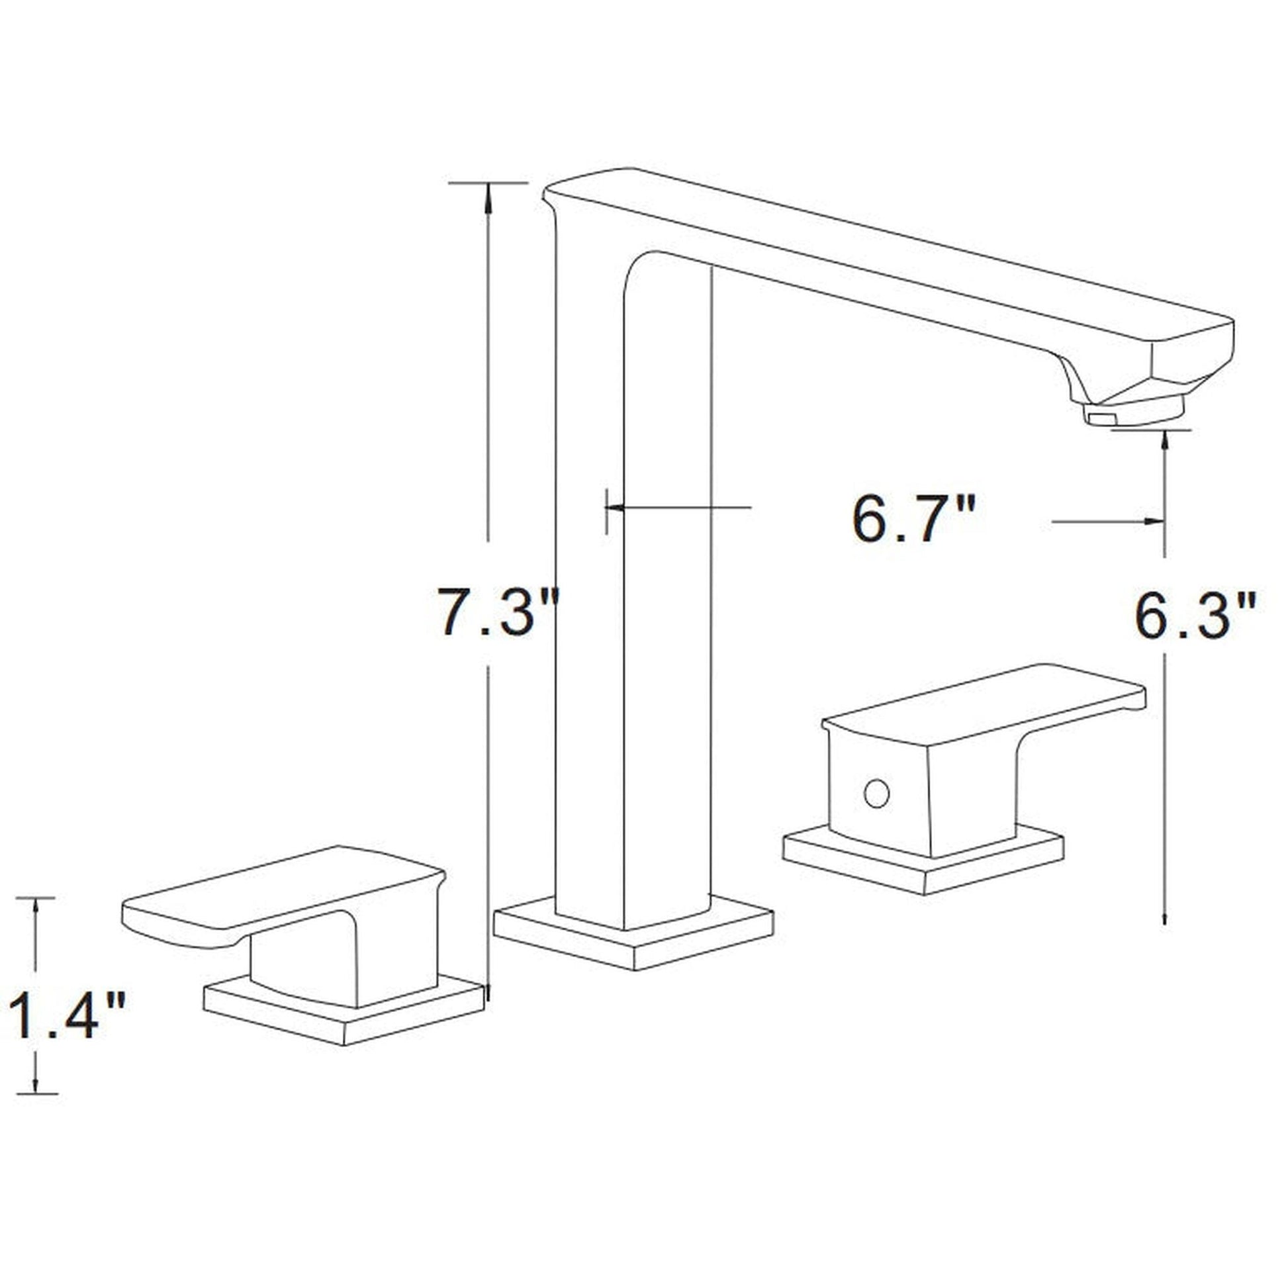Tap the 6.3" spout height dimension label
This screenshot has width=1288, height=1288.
(x=1195, y=618)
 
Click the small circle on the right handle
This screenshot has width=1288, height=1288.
(x=876, y=794)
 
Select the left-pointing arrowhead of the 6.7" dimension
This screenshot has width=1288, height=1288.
(x=615, y=508)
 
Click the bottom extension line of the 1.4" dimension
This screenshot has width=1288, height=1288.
(x=36, y=1093)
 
